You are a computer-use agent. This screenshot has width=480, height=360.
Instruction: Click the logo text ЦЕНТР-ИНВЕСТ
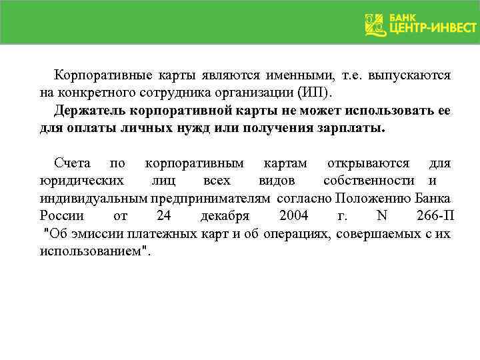(x=433, y=28)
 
